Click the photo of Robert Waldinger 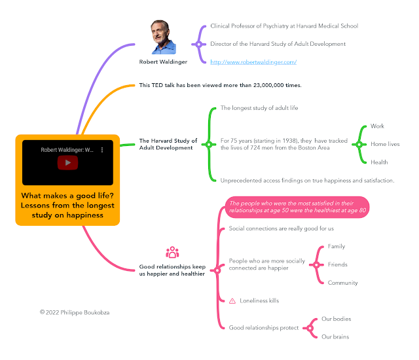(x=164, y=37)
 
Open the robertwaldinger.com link (x=253, y=62)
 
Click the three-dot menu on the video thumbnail (x=101, y=150)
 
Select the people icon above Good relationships (x=172, y=253)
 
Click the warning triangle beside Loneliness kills (x=232, y=300)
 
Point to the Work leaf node (x=377, y=126)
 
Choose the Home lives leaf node (x=384, y=144)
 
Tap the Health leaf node (x=379, y=162)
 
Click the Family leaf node (x=336, y=247)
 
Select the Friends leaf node (x=337, y=264)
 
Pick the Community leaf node (x=342, y=283)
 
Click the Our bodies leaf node (x=336, y=319)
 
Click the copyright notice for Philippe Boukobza (x=76, y=313)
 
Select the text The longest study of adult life (x=259, y=108)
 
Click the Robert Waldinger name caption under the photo (x=163, y=62)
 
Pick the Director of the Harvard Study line (x=278, y=44)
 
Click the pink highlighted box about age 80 (x=297, y=207)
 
